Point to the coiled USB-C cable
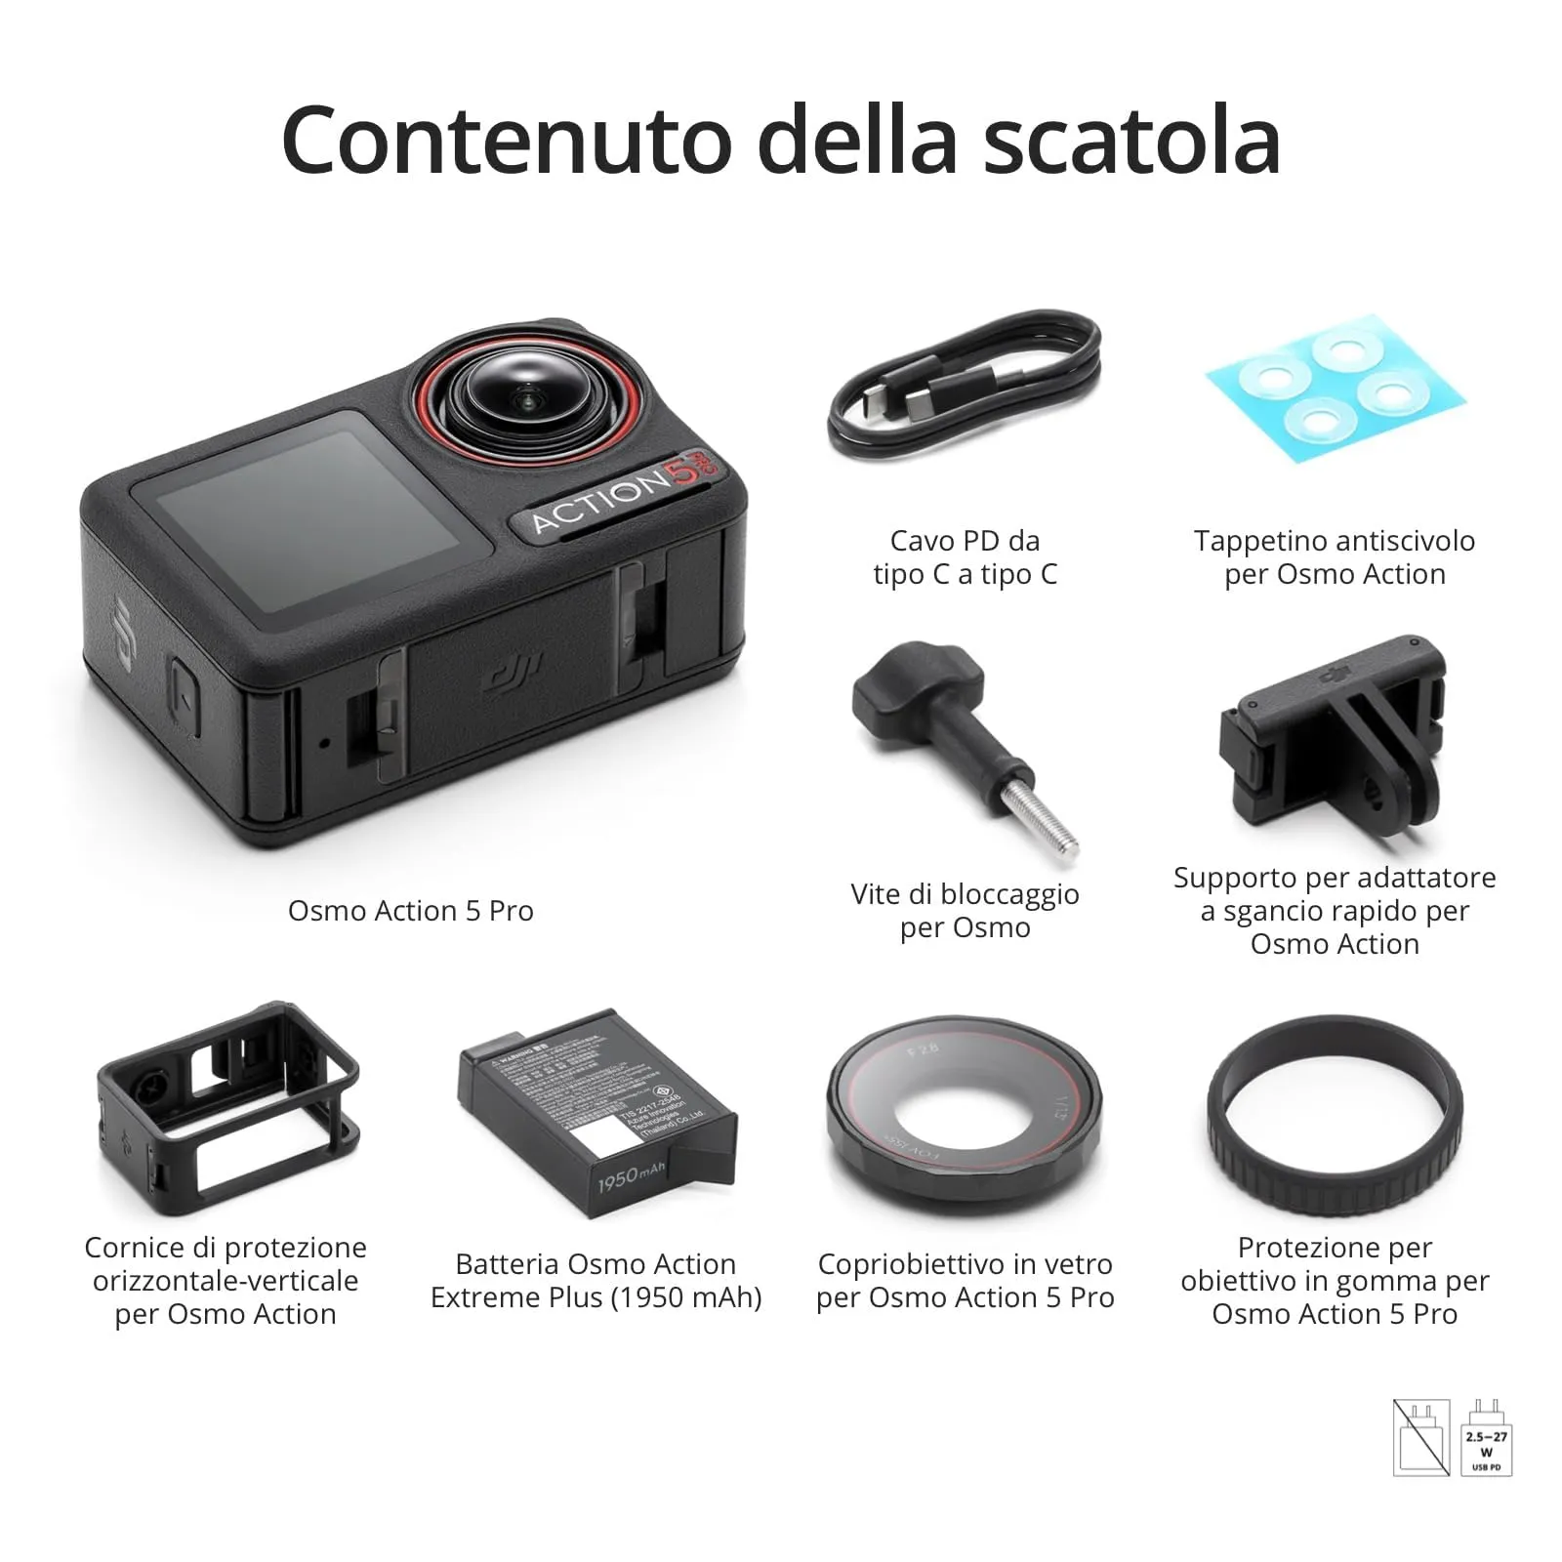(965, 390)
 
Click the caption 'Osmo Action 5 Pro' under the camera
(410, 911)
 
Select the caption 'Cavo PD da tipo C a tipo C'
(965, 557)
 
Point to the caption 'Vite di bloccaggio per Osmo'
(965, 911)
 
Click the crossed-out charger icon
(1420, 1437)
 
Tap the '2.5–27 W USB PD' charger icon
(1486, 1437)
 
